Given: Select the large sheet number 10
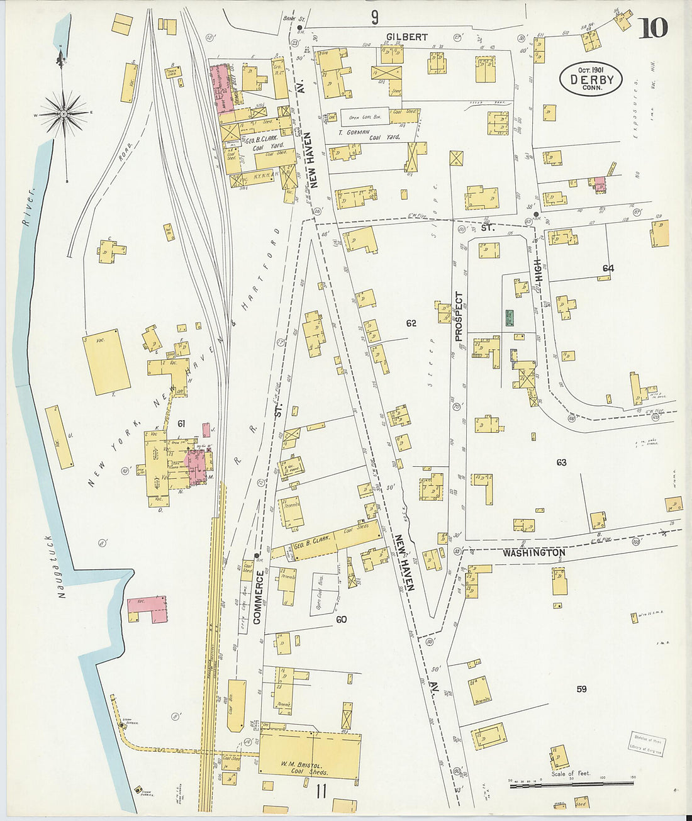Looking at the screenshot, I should [654, 28].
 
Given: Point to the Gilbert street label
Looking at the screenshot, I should [406, 37].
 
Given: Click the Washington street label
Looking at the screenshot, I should [533, 552].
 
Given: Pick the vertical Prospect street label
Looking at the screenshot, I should [459, 316].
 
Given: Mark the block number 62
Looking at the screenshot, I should [411, 323].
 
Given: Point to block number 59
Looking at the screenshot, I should [581, 689].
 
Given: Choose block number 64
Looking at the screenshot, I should [608, 269].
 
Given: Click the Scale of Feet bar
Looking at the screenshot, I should [572, 785].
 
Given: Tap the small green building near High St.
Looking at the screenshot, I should [509, 317].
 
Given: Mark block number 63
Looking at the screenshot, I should [561, 462].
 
